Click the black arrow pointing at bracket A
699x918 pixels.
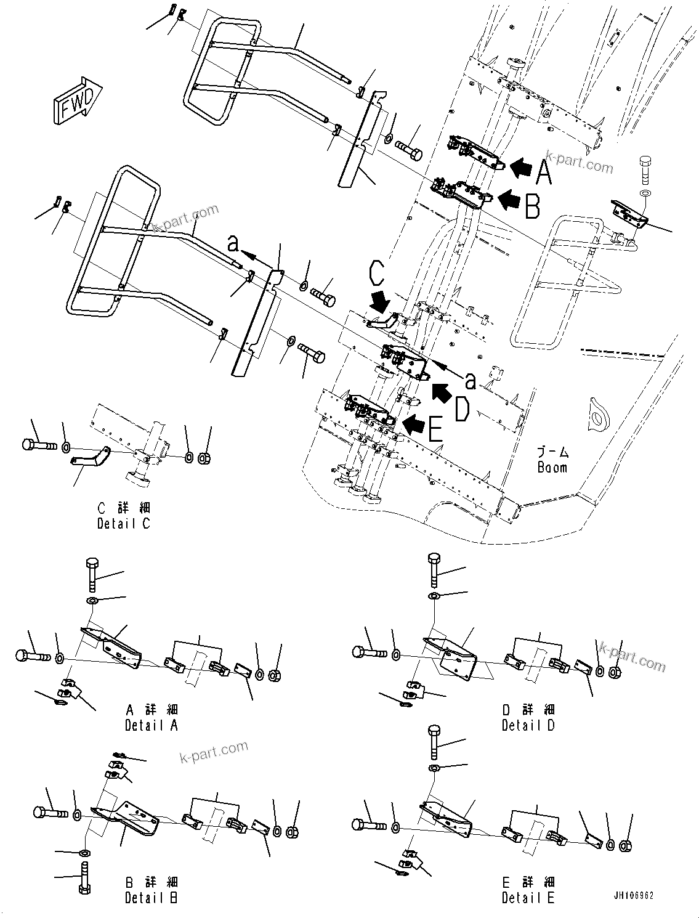coord(521,167)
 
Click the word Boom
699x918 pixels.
coord(552,468)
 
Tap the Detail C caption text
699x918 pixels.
coord(124,524)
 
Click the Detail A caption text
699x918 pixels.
coord(152,725)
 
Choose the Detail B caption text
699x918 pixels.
coord(152,898)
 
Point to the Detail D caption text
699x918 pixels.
coord(528,725)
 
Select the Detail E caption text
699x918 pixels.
coord(528,898)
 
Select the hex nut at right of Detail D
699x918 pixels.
coord(614,671)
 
